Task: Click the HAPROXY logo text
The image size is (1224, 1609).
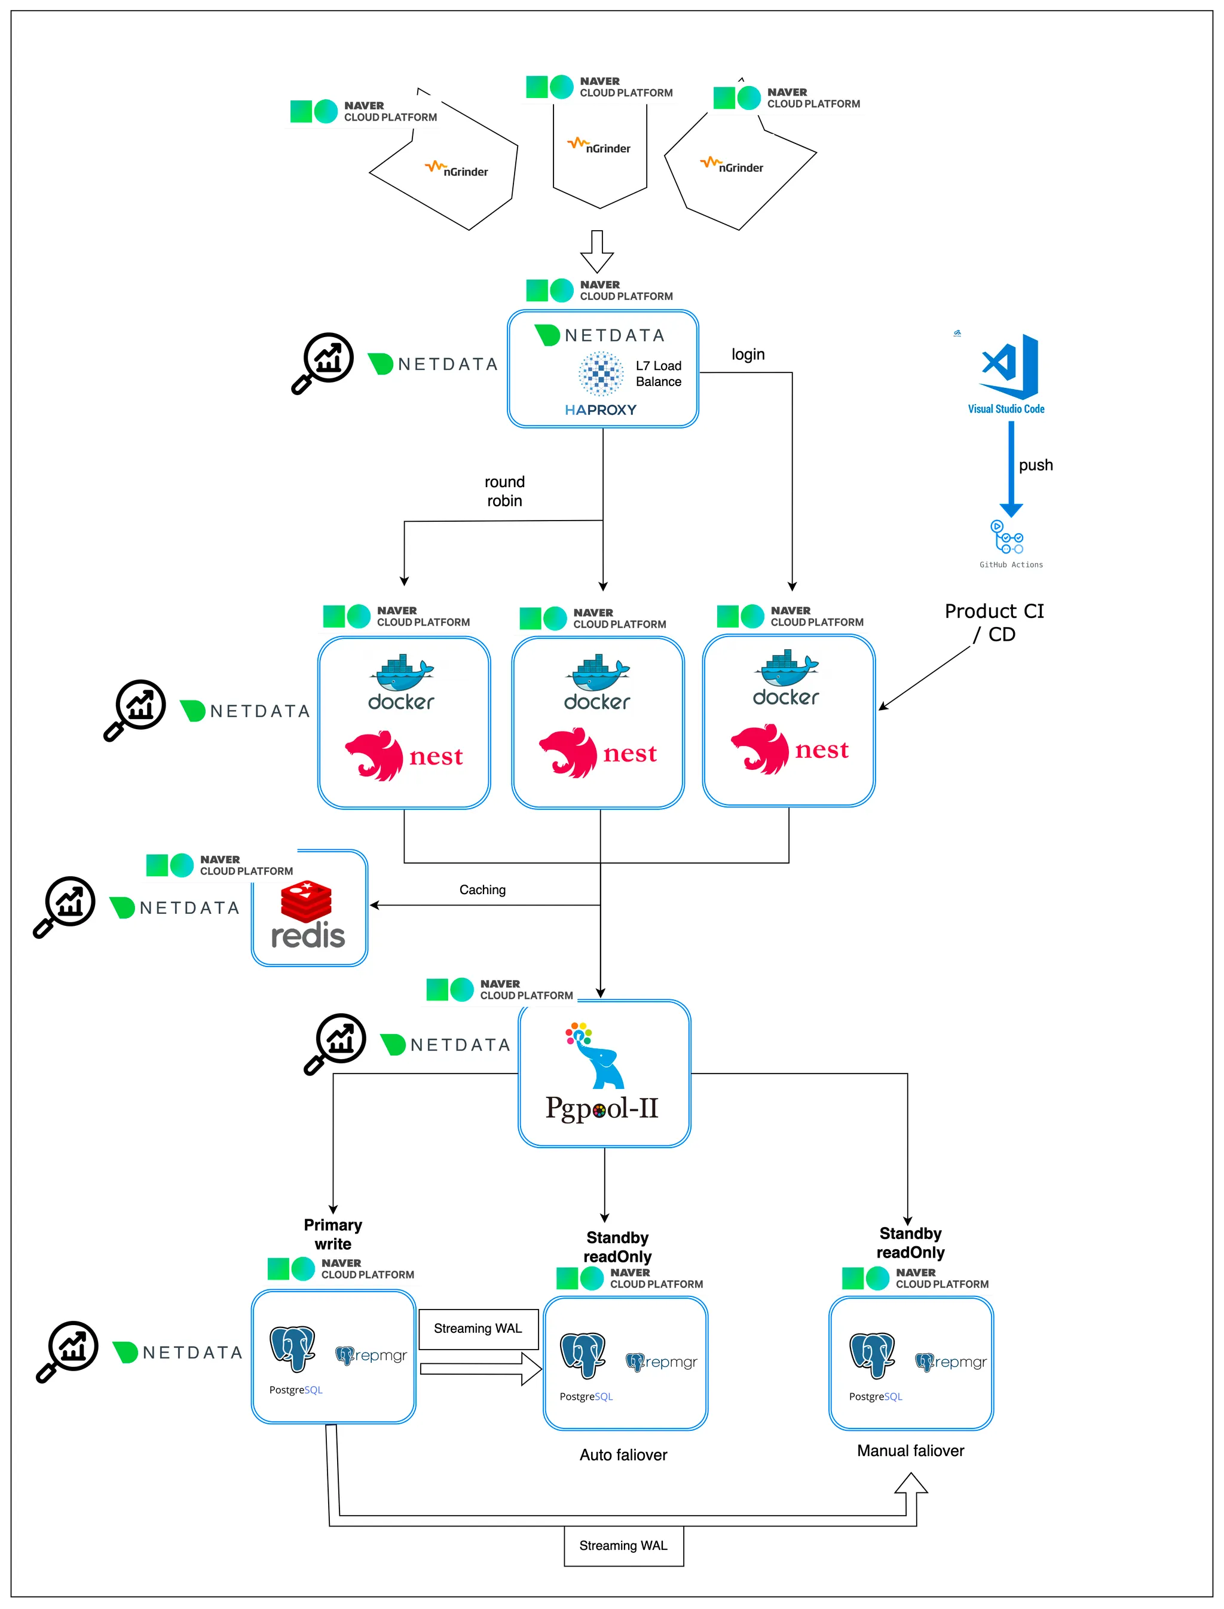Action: (x=600, y=409)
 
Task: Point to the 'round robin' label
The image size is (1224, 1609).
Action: (x=504, y=491)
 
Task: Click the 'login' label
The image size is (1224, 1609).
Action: (x=748, y=354)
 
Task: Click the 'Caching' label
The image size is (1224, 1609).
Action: (x=482, y=890)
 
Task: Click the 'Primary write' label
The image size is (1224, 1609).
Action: (x=333, y=1234)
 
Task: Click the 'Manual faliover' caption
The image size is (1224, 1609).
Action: (x=910, y=1451)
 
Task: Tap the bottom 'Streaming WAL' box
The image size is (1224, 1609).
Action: (x=624, y=1546)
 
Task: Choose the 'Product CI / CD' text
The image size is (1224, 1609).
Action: (x=994, y=622)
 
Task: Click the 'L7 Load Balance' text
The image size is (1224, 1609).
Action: (x=658, y=374)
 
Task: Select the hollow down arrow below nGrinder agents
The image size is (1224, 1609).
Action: (x=596, y=250)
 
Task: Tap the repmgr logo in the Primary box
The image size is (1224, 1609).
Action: (x=372, y=1356)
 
